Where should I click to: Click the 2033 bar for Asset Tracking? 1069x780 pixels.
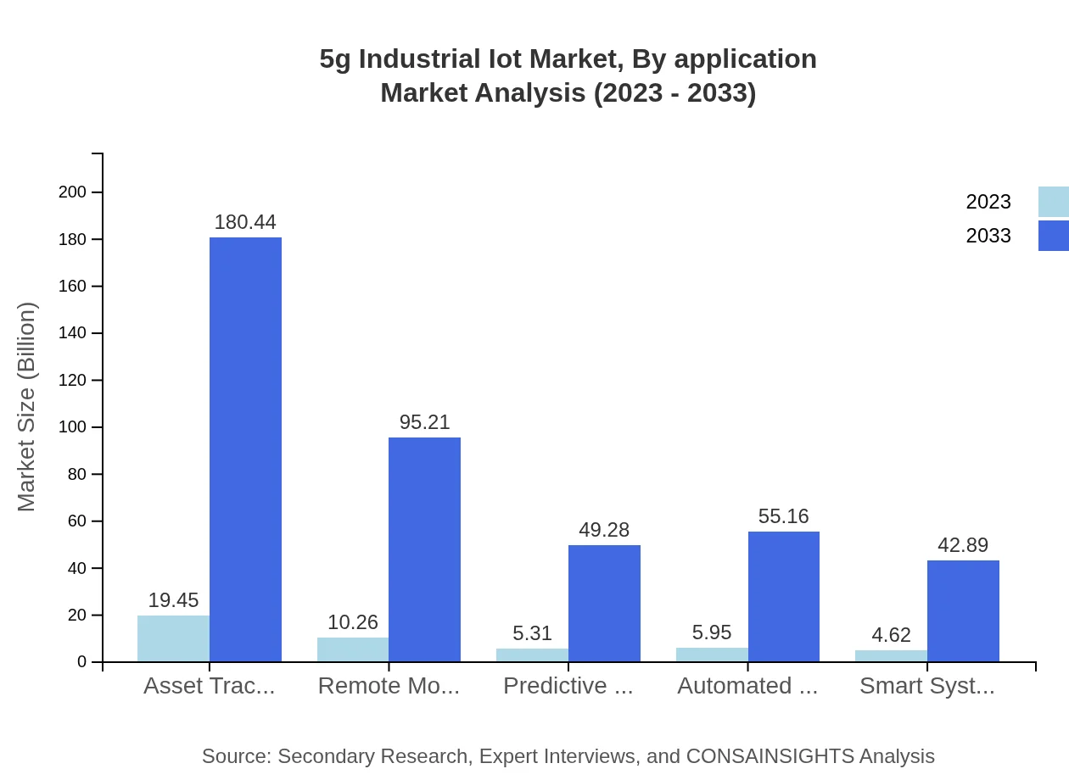coord(245,449)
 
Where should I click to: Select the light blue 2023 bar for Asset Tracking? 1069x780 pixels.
coord(173,638)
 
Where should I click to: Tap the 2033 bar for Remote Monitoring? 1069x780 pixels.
coord(424,549)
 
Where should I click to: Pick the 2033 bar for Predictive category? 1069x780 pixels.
coord(604,603)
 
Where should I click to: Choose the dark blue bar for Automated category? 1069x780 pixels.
coord(784,596)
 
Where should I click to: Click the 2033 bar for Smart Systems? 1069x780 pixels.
coord(963,610)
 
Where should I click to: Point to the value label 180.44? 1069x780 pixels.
coord(245,222)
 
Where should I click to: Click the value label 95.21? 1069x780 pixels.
coord(424,422)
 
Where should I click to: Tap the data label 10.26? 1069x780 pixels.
coord(353,622)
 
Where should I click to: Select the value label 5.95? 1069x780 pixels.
coord(712,632)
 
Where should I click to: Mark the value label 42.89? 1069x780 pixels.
coord(963,545)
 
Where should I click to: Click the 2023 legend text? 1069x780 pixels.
coord(988,202)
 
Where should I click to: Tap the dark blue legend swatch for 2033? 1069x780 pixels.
coord(1054,236)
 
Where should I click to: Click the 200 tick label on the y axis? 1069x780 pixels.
coord(73,192)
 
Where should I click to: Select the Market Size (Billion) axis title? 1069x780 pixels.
coord(27,407)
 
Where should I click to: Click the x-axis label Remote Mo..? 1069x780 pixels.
coord(389,686)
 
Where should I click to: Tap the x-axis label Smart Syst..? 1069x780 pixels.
coord(927,686)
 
